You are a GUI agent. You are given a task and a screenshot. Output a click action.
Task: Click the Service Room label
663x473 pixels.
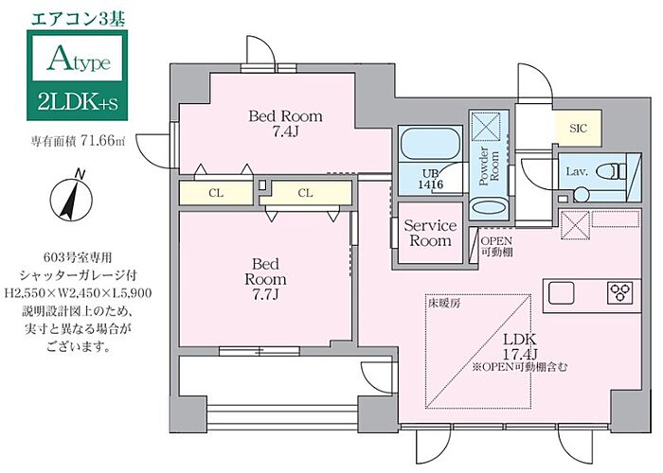pyautogui.click(x=430, y=233)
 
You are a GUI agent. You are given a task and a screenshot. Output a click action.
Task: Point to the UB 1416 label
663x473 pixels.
pyautogui.click(x=431, y=179)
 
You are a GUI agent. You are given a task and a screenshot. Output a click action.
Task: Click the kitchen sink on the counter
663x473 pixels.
pyautogui.click(x=558, y=290)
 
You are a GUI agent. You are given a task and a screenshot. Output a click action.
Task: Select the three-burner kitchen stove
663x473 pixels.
pyautogui.click(x=621, y=291)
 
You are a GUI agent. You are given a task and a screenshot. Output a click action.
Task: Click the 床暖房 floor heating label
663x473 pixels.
pyautogui.click(x=444, y=305)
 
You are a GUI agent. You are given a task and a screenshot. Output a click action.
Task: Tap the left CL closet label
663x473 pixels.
pyautogui.click(x=216, y=193)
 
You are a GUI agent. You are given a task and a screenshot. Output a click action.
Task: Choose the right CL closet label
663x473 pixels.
pyautogui.click(x=305, y=193)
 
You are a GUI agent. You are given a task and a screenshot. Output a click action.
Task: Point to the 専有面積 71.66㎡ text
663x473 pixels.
pyautogui.click(x=75, y=142)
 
